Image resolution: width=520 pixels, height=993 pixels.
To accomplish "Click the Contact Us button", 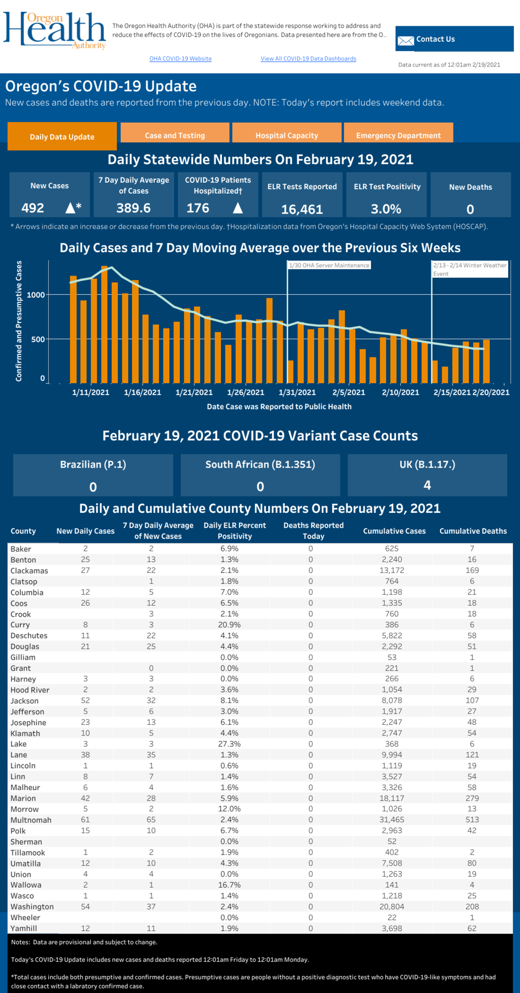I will point(454,39).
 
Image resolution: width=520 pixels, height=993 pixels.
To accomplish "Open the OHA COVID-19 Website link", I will point(180,59).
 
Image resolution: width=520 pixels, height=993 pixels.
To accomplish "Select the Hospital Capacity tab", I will point(287,136).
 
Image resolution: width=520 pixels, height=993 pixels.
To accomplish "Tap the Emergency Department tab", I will point(398,136).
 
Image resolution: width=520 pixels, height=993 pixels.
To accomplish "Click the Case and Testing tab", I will point(175,136).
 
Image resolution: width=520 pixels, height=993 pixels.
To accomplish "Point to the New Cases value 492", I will point(33,208).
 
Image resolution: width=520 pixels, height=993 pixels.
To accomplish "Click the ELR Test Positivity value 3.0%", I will point(386,209).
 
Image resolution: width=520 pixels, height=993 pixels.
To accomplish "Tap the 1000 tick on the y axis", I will point(36,295).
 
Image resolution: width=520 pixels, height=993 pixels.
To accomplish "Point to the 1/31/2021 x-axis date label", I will point(297,392).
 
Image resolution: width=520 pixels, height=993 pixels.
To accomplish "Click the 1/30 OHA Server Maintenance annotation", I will point(329,265).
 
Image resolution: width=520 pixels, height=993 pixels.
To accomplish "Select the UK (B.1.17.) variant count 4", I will point(427,485).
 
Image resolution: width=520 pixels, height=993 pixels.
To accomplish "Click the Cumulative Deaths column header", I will point(473,531).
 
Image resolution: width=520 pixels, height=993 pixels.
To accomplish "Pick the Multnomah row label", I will point(31,820).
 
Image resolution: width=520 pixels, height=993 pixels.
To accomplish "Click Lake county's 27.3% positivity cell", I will point(229,744).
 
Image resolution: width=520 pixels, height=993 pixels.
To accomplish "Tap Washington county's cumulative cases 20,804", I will point(392,907).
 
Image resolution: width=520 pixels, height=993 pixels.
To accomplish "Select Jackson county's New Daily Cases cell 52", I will point(85,701).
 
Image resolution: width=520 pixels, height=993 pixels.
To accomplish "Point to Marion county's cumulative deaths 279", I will point(472,798).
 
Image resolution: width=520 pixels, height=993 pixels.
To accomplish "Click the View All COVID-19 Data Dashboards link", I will point(308,59).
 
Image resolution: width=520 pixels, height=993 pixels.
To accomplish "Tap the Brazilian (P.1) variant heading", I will point(93,465).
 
